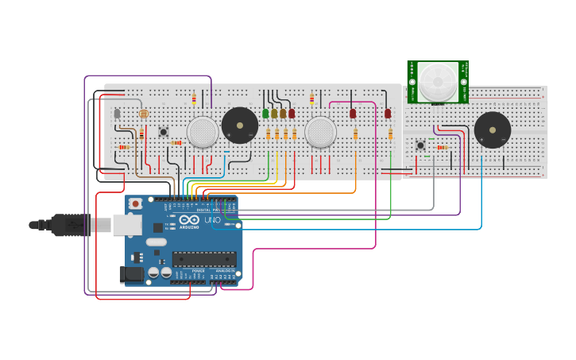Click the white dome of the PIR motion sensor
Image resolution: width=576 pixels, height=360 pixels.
[x=438, y=81]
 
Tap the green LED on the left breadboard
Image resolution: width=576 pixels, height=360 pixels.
[x=265, y=114]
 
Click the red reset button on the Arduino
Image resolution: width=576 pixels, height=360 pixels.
[x=136, y=204]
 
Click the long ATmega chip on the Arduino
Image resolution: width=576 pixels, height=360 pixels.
[x=204, y=259]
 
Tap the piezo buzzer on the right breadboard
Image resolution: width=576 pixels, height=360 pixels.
[x=493, y=130]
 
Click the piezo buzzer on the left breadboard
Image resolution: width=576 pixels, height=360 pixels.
[x=239, y=126]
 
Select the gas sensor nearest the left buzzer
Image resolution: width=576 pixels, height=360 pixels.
[x=203, y=132]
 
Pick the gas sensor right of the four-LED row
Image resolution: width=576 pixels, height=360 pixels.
[x=321, y=132]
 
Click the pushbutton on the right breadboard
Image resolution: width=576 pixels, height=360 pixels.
[x=420, y=145]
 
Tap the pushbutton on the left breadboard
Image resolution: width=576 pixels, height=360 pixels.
[x=164, y=132]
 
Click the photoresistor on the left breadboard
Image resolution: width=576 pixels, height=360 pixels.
[x=144, y=114]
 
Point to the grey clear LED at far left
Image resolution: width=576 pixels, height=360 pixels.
[x=118, y=114]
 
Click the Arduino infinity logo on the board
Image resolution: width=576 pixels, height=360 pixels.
[x=189, y=220]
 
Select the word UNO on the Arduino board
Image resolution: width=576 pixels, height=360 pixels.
[x=212, y=220]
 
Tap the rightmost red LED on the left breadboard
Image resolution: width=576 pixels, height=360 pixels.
[x=388, y=114]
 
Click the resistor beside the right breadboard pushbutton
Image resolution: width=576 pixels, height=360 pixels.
[x=442, y=147]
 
